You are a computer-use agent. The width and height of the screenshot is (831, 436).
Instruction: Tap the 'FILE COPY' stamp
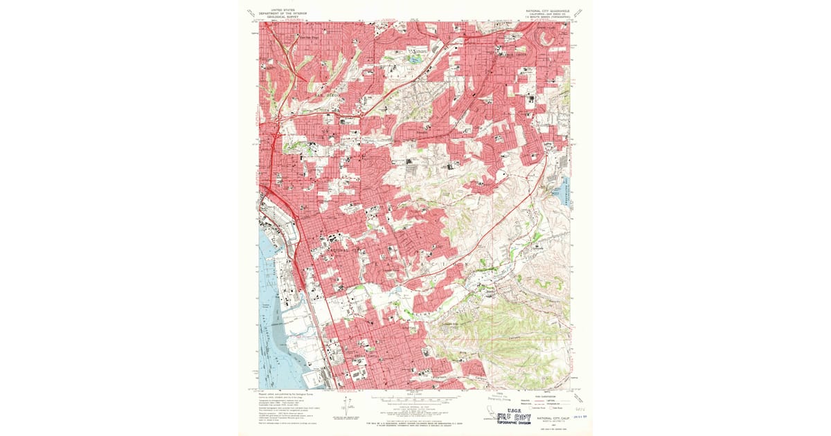tap(514, 417)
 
